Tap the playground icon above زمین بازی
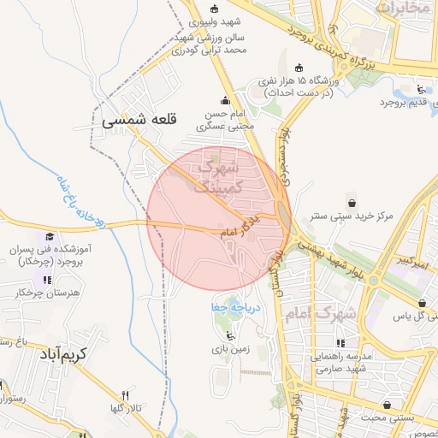pos(228,334)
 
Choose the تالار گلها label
pos(126,409)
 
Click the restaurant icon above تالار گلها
pos(126,394)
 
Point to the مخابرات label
pos(401,9)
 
